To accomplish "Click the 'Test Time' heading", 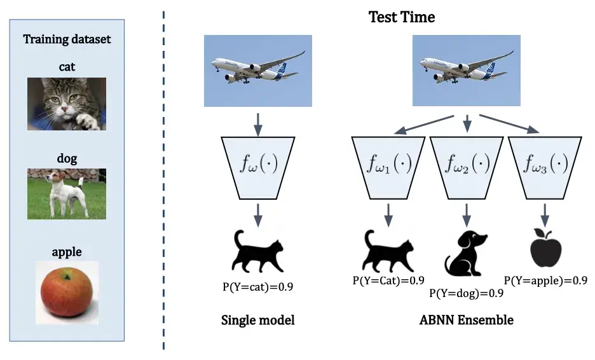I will (x=402, y=17).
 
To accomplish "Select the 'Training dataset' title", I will (x=67, y=39).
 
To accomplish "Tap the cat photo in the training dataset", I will (x=67, y=104).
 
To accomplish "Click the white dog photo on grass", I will (x=67, y=193).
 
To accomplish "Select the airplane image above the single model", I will (x=257, y=71).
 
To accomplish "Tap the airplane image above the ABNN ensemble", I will (x=467, y=71).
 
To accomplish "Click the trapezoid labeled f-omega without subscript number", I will (x=257, y=166).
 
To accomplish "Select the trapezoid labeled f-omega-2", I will (x=467, y=166).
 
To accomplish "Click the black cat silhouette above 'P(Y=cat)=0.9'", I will (x=257, y=251).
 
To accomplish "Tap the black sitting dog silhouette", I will (x=465, y=253).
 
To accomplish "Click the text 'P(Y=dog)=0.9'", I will (x=467, y=293).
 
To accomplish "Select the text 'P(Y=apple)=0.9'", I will (x=545, y=279).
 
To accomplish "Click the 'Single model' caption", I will (x=257, y=320).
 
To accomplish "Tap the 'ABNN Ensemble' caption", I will (x=467, y=320).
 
